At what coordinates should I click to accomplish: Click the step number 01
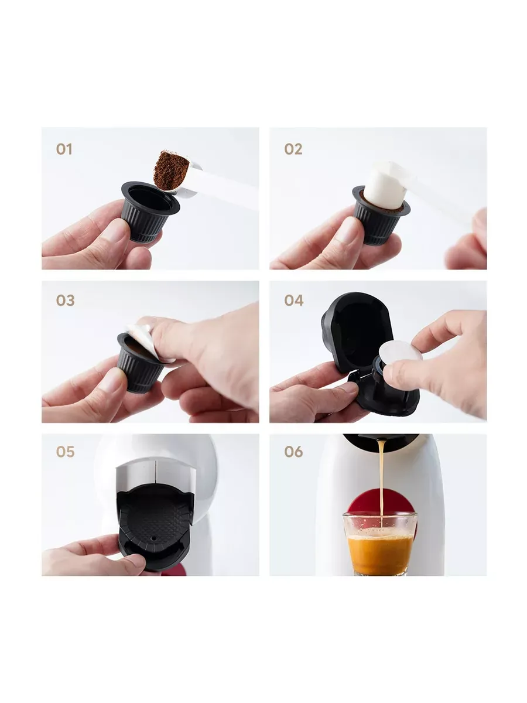coord(64,149)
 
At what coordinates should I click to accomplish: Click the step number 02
coord(293,149)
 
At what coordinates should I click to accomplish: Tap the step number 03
coord(65,301)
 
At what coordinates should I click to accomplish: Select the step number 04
coord(294,301)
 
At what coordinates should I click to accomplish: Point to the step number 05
coord(65,452)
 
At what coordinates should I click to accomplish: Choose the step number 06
coord(293,452)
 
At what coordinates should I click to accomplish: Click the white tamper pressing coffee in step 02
coord(386,186)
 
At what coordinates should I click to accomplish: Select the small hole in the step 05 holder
coord(154,538)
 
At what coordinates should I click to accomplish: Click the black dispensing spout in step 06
coord(381,441)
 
